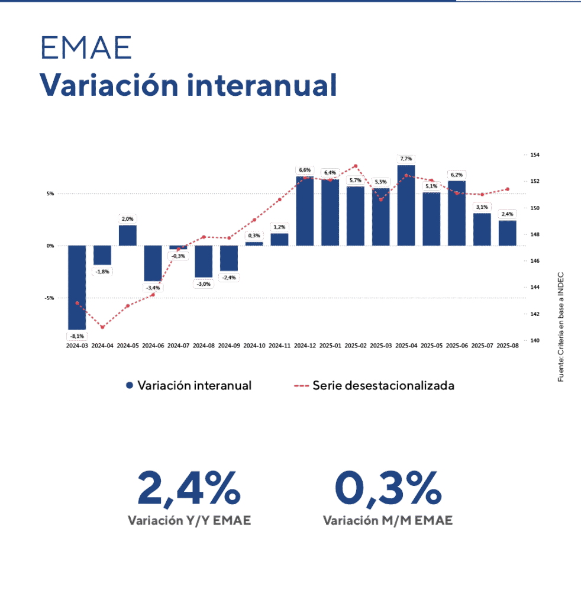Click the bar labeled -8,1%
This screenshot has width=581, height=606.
[77, 287]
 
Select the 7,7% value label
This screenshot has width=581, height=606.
[406, 159]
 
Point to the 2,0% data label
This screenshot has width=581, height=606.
[128, 218]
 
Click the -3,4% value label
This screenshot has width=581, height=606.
[153, 288]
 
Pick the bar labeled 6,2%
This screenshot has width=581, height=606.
[456, 213]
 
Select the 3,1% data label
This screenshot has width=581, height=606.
[482, 207]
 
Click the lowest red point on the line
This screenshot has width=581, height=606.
[102, 327]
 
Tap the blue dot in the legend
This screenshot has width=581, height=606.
[130, 386]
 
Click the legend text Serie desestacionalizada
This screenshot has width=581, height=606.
[383, 386]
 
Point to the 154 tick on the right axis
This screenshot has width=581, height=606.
[535, 155]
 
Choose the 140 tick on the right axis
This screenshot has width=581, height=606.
[535, 340]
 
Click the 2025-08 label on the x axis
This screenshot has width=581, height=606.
[507, 345]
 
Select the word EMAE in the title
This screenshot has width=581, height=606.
[86, 49]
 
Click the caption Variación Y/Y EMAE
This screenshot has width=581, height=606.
[189, 521]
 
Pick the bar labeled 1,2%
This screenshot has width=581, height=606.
[279, 239]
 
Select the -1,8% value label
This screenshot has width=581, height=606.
[102, 271]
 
